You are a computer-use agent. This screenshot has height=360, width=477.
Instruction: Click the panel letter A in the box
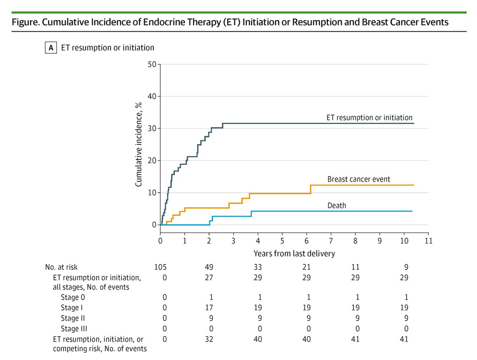(x=50, y=48)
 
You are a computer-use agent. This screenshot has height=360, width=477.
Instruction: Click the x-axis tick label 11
(x=428, y=241)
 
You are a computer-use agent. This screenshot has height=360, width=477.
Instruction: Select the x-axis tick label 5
(x=282, y=241)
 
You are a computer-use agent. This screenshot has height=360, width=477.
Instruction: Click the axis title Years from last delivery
(x=294, y=253)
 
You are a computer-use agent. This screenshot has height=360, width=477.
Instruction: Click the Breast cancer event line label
(x=359, y=179)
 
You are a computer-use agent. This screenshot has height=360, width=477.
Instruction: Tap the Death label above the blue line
(x=337, y=205)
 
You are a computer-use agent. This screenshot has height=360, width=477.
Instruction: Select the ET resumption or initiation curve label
(x=369, y=118)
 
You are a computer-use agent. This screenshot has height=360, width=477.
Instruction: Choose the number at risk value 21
(x=306, y=267)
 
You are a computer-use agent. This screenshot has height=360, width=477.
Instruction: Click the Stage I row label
(x=72, y=308)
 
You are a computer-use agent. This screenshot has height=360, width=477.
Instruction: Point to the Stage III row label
(x=74, y=328)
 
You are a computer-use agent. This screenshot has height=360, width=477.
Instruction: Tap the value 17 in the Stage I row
(x=209, y=308)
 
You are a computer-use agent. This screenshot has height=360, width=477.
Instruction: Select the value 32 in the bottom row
(x=209, y=339)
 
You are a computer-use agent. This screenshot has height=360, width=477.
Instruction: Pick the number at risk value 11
(x=355, y=267)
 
